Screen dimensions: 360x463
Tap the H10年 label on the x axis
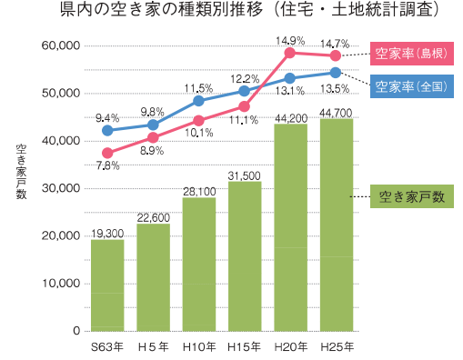(x=198, y=346)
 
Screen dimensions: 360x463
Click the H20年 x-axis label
(x=290, y=346)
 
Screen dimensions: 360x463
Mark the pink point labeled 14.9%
(x=290, y=53)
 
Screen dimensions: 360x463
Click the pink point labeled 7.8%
(x=107, y=153)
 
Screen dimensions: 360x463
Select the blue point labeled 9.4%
(x=107, y=131)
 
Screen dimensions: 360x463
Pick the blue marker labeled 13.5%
(x=336, y=72)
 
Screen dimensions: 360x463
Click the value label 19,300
(x=107, y=234)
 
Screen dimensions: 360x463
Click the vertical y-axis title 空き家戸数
(x=21, y=172)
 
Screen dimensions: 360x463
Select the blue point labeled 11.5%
(x=198, y=100)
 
